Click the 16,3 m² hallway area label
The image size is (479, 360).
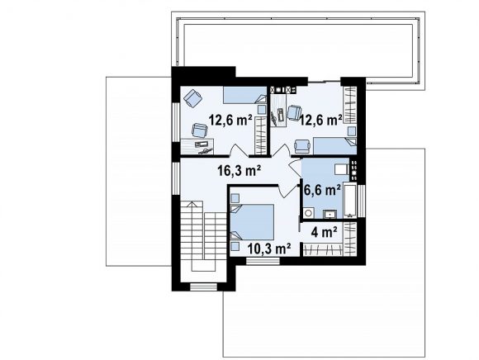(x=239, y=170)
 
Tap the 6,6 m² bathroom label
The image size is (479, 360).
(x=322, y=191)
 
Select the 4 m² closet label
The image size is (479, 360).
(x=324, y=232)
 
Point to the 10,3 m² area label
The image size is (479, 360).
(x=269, y=249)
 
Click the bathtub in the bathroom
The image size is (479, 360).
(x=350, y=201)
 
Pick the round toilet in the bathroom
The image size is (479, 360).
(x=308, y=213)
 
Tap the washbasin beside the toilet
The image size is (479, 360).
(x=330, y=214)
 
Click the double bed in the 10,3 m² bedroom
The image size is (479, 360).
(x=252, y=221)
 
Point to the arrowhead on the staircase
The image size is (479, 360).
(x=192, y=204)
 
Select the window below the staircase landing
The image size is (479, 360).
(x=203, y=287)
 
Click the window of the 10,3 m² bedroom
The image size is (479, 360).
(x=263, y=261)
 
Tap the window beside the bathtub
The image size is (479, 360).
(x=362, y=201)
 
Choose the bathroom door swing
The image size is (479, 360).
(x=295, y=168)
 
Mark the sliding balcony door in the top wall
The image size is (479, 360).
(x=324, y=81)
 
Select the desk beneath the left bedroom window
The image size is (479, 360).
(x=197, y=146)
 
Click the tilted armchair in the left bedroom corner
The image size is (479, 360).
(x=193, y=97)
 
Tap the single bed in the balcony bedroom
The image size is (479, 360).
(x=334, y=146)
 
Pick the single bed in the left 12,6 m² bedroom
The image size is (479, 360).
(x=244, y=95)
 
